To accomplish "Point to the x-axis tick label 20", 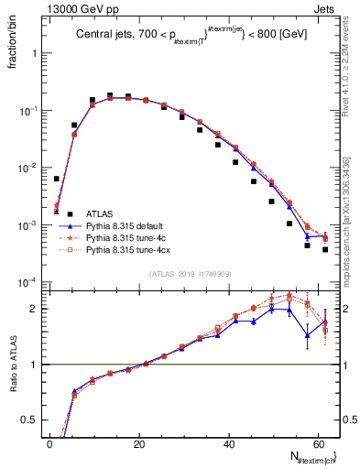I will [139, 443].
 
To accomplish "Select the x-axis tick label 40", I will [230, 443].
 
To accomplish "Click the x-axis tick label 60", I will [321, 443].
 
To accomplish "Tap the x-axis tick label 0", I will [49, 443].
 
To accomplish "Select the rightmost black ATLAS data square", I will [325, 249].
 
